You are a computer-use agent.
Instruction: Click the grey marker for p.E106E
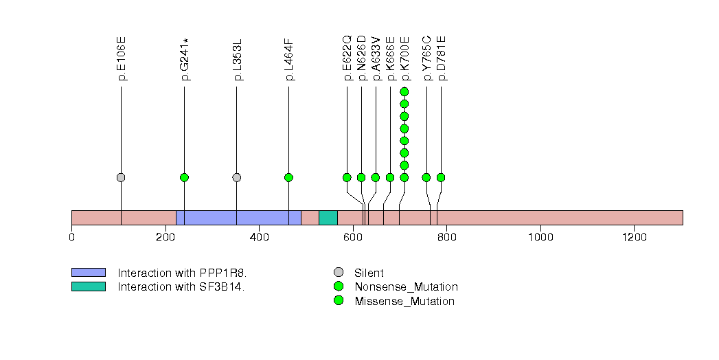(121, 177)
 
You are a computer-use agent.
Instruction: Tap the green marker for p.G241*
(184, 177)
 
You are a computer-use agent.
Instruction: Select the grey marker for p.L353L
(237, 177)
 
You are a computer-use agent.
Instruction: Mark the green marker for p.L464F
(288, 177)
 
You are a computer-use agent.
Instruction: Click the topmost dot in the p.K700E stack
(404, 91)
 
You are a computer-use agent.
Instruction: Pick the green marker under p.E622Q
(347, 177)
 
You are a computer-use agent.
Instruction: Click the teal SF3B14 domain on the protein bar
(328, 218)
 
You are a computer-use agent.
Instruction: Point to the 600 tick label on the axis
(353, 238)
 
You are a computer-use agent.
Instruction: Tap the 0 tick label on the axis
(72, 238)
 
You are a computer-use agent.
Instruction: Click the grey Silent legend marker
(339, 273)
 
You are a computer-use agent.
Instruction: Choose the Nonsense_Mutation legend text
(406, 287)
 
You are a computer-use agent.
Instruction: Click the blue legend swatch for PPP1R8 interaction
(88, 273)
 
